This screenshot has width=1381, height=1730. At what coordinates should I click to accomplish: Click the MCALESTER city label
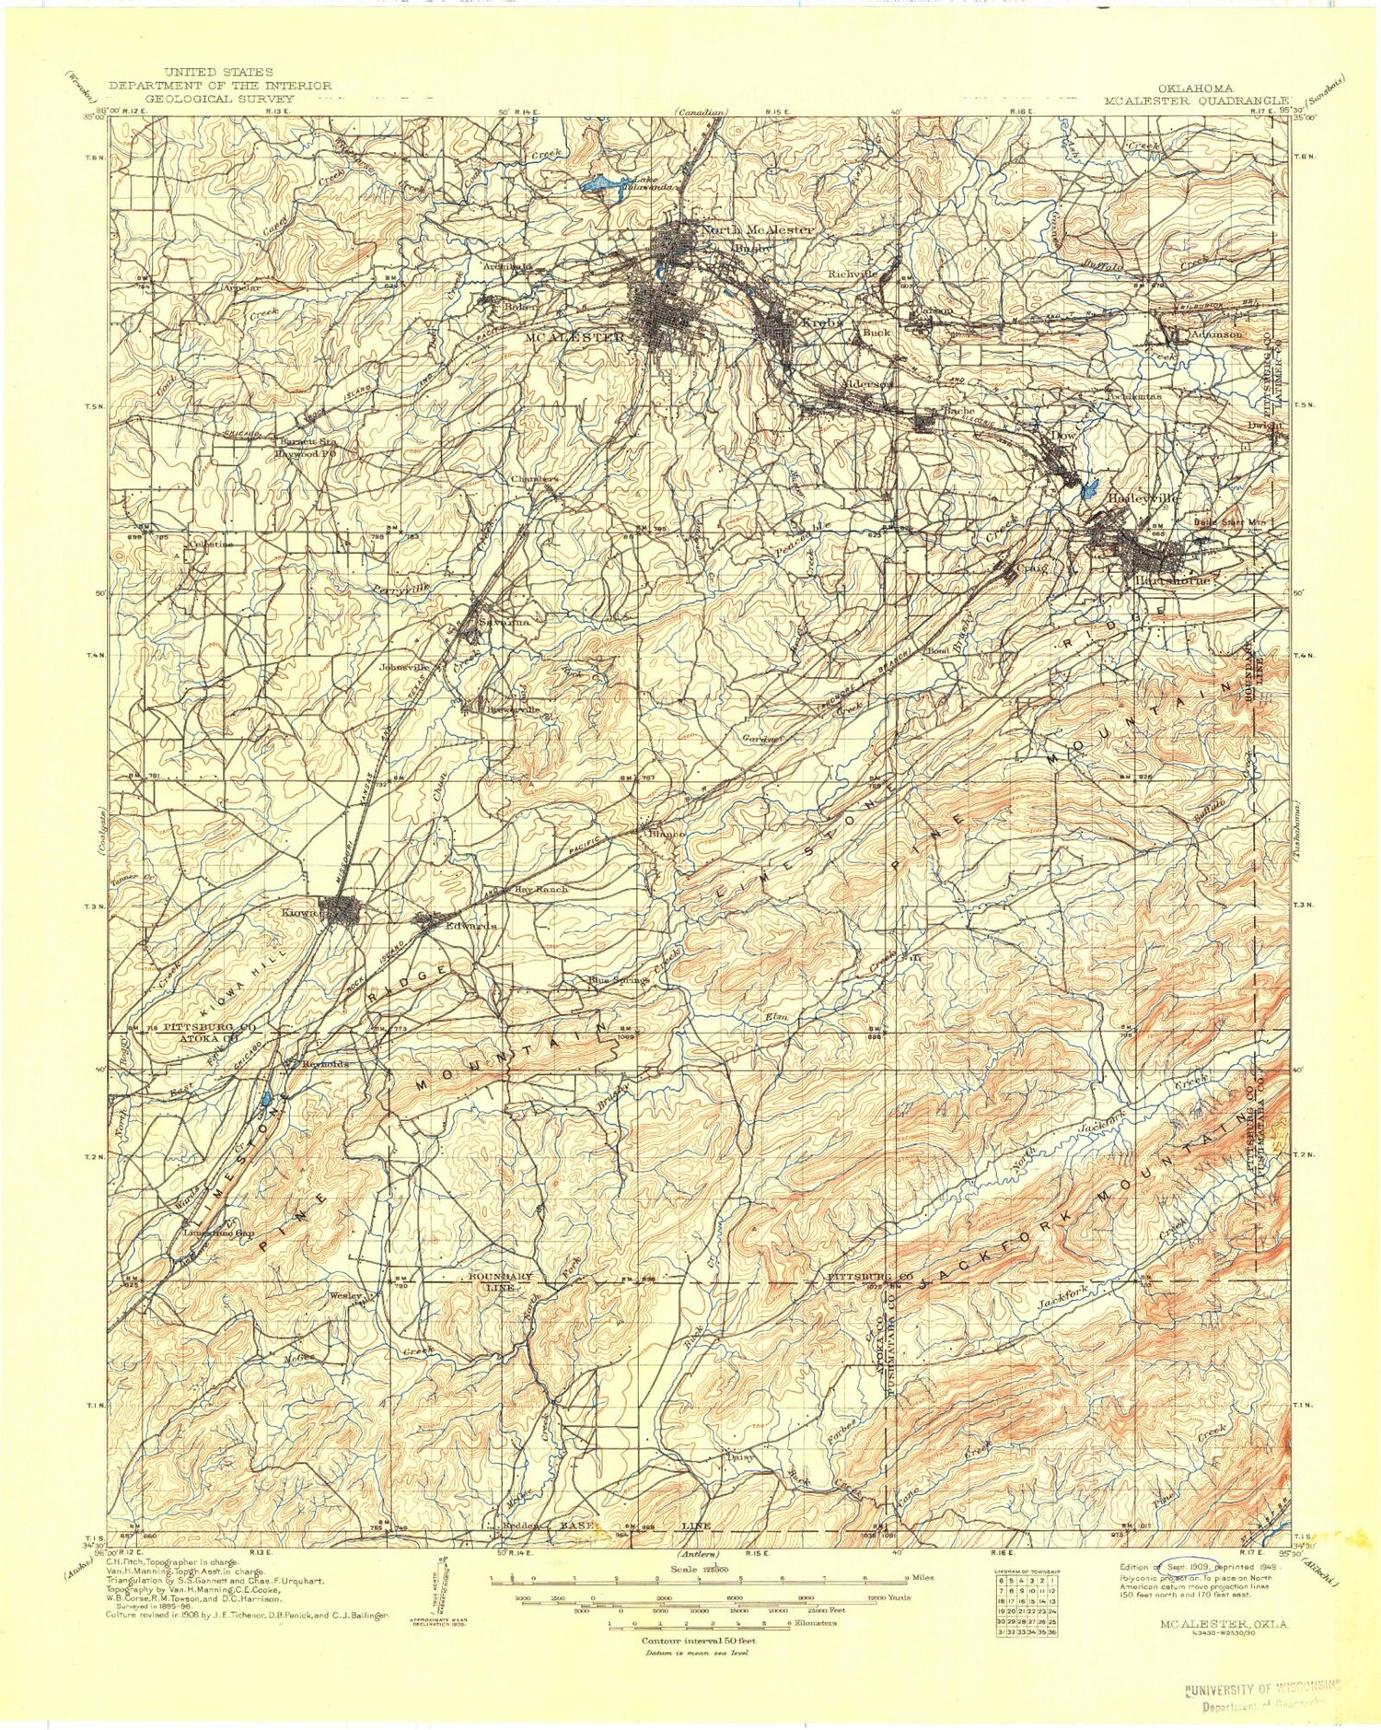(574, 337)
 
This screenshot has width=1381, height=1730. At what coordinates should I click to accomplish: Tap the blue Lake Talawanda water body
(599, 184)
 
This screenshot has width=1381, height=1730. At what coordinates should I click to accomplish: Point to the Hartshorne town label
(1172, 581)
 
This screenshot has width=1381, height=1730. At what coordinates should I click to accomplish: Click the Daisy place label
(740, 1456)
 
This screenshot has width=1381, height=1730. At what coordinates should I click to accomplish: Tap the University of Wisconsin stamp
(1261, 1688)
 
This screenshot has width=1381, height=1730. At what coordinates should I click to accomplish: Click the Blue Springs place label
(619, 980)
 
